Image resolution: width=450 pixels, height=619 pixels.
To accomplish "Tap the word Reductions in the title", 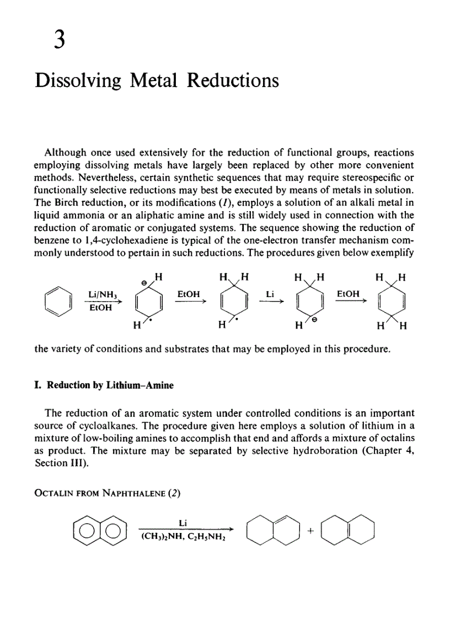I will tap(233, 80).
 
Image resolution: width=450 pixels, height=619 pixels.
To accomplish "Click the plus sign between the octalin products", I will tap(310, 531).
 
